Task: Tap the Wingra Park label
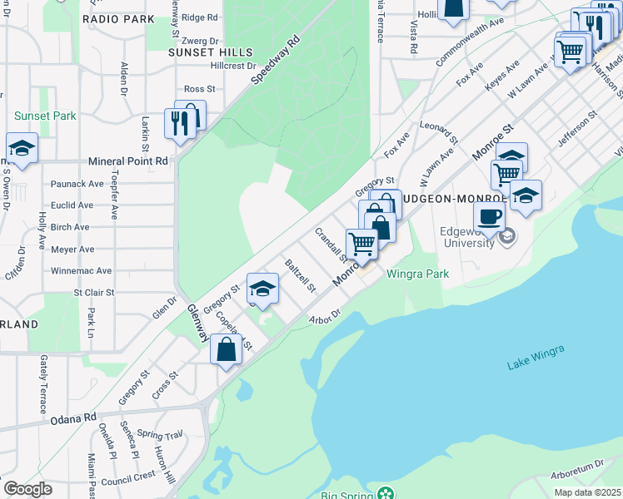pyautogui.click(x=417, y=274)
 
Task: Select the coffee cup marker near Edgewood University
pyautogui.click(x=490, y=216)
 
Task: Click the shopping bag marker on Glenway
pyautogui.click(x=227, y=349)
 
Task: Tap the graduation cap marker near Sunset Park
pyautogui.click(x=22, y=148)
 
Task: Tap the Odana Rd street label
pyautogui.click(x=78, y=418)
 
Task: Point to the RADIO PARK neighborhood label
pyautogui.click(x=119, y=18)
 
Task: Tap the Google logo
pyautogui.click(x=27, y=488)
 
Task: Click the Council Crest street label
pyautogui.click(x=128, y=477)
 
